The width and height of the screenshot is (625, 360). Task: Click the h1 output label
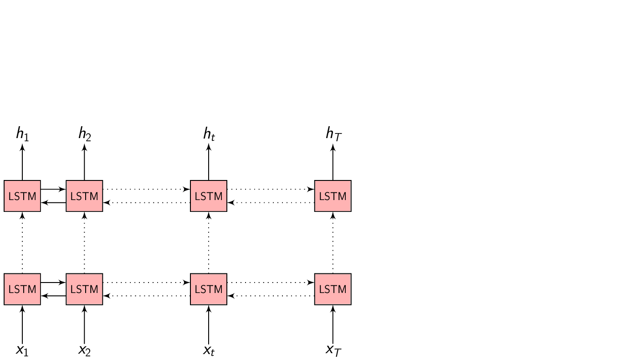click(22, 134)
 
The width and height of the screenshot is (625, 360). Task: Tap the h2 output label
click(84, 134)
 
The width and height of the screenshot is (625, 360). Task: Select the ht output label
click(209, 134)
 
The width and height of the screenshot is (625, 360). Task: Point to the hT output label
click(333, 134)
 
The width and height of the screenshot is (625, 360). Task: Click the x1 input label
click(22, 350)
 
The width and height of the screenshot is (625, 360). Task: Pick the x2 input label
click(84, 350)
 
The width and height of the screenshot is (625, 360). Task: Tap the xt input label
click(209, 350)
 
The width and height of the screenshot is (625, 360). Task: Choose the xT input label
click(333, 350)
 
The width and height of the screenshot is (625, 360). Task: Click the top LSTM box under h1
click(22, 196)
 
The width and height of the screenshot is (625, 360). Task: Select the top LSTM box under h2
click(84, 196)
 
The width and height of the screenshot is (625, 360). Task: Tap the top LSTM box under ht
click(209, 196)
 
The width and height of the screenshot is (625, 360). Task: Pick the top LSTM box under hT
click(333, 196)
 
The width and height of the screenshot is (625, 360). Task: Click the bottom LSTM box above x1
click(22, 289)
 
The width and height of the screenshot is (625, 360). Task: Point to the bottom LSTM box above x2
click(84, 289)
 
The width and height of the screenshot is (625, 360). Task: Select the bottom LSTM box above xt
click(209, 289)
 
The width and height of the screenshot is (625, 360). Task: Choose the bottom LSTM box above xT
click(333, 289)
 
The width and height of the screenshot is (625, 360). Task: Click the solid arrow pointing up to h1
click(22, 162)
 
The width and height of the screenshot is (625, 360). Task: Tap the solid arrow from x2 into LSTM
click(84, 324)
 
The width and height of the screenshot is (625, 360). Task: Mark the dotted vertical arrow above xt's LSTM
click(209, 242)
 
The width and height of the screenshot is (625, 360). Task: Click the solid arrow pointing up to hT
click(333, 162)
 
